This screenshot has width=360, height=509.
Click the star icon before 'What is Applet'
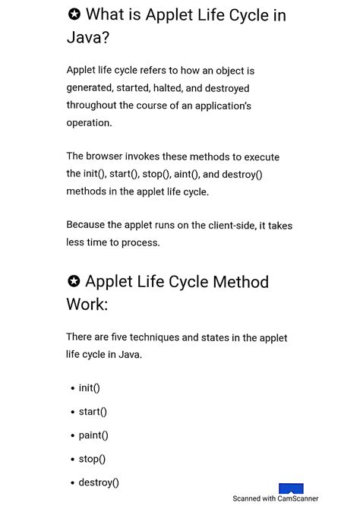74,14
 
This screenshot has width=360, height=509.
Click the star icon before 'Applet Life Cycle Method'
74,282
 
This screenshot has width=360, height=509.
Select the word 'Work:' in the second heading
87,305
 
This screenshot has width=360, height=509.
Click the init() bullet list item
89,388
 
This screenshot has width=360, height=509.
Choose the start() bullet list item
93,412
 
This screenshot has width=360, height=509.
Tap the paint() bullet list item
93,435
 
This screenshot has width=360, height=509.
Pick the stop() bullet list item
92,459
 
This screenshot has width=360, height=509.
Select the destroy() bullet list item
99,482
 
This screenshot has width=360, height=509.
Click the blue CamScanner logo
291,488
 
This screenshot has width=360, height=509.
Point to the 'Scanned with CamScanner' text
275,499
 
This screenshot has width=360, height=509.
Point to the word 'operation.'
89,123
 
